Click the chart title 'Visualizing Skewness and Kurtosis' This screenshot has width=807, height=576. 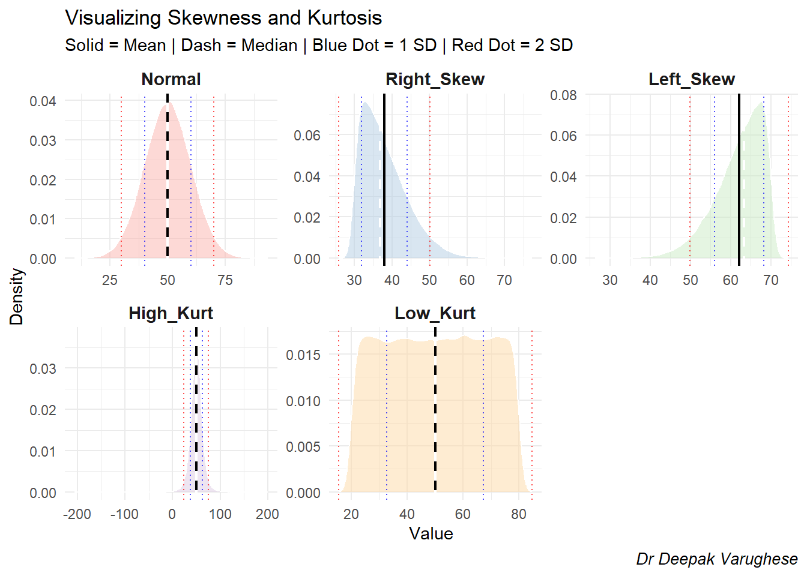(x=223, y=18)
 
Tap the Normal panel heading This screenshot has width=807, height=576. (x=171, y=79)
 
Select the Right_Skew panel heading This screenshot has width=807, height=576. (x=435, y=79)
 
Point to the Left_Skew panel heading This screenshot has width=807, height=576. (x=692, y=79)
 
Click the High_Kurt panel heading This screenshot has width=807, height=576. (x=171, y=313)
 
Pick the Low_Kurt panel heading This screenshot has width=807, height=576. (x=435, y=313)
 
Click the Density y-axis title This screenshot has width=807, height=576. (x=16, y=296)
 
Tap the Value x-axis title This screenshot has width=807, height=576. (x=431, y=533)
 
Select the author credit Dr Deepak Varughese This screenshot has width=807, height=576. (x=717, y=559)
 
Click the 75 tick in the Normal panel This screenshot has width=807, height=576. (x=225, y=280)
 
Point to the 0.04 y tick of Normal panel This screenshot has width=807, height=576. (x=43, y=101)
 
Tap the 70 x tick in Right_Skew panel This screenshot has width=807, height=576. (x=504, y=280)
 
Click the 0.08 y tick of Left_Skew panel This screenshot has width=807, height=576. (x=563, y=95)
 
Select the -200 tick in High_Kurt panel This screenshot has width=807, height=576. (x=77, y=514)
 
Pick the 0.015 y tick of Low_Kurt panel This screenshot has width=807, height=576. (x=303, y=355)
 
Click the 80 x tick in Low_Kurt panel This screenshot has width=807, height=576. (x=519, y=514)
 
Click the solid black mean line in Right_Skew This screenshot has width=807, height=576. (x=384, y=180)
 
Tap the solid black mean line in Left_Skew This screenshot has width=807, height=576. (x=739, y=180)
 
